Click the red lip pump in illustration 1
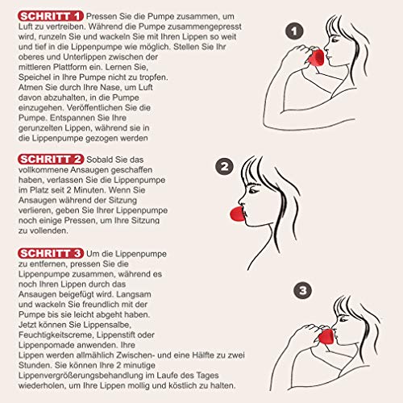click(x=317, y=58)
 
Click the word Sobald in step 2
click(x=94, y=160)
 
